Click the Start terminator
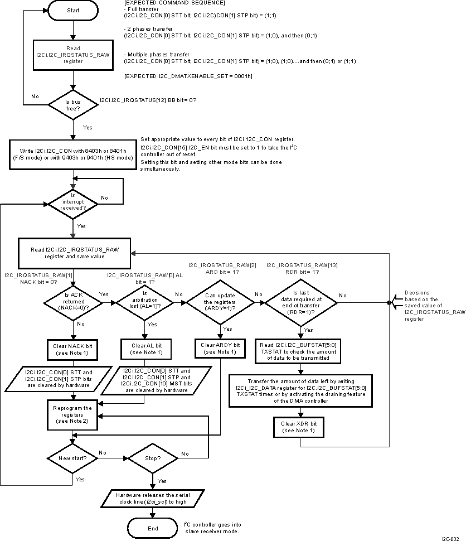pyautogui.click(x=72, y=11)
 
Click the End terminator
pyautogui.click(x=153, y=528)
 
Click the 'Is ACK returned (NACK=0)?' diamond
pyautogui.click(x=72, y=302)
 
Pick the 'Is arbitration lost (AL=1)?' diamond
pyautogui.click(x=144, y=302)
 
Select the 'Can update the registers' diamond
pyautogui.click(x=220, y=302)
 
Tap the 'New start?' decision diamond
pyautogui.click(x=72, y=458)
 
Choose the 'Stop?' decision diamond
pyautogui.click(x=153, y=458)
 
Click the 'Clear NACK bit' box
pyautogui.click(x=72, y=350)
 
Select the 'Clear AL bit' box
pyautogui.click(x=144, y=350)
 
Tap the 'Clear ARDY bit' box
pyautogui.click(x=220, y=349)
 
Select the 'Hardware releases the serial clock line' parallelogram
pyautogui.click(x=153, y=498)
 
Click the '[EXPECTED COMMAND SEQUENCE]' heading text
pyautogui.click(x=163, y=4)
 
